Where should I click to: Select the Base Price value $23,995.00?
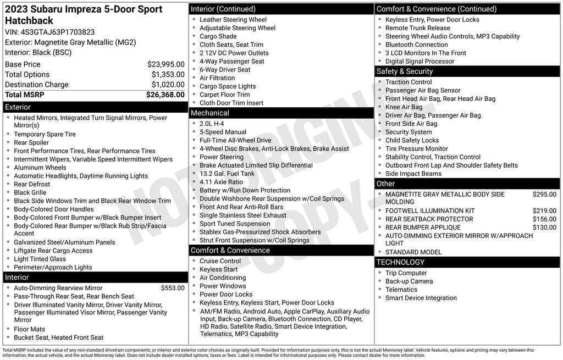point(165,64)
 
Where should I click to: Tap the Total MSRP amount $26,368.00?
point(165,95)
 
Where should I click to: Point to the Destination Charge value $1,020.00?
point(168,85)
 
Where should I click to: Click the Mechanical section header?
point(210,113)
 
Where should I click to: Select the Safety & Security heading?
point(405,71)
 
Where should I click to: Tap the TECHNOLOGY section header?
point(401,262)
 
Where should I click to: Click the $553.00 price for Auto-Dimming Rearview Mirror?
point(173,288)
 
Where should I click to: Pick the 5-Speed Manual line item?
point(223,132)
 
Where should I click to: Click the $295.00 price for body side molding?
point(544,194)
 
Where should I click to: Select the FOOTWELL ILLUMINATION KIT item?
point(430,211)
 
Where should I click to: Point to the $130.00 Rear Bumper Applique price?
point(544,228)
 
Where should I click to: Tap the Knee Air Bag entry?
point(404,107)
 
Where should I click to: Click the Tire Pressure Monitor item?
point(417,148)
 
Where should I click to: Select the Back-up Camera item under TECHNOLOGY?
point(409,281)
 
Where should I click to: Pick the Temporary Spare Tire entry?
point(45,134)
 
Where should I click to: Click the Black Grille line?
point(30,193)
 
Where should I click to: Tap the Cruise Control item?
point(220,261)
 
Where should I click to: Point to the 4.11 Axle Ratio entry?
point(221,182)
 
